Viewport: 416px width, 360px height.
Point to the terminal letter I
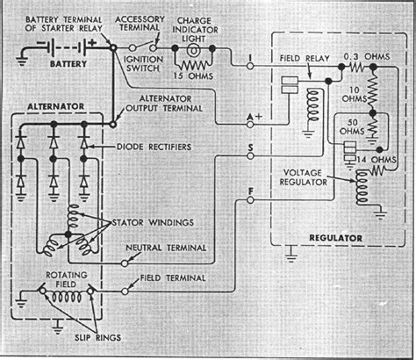251,59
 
